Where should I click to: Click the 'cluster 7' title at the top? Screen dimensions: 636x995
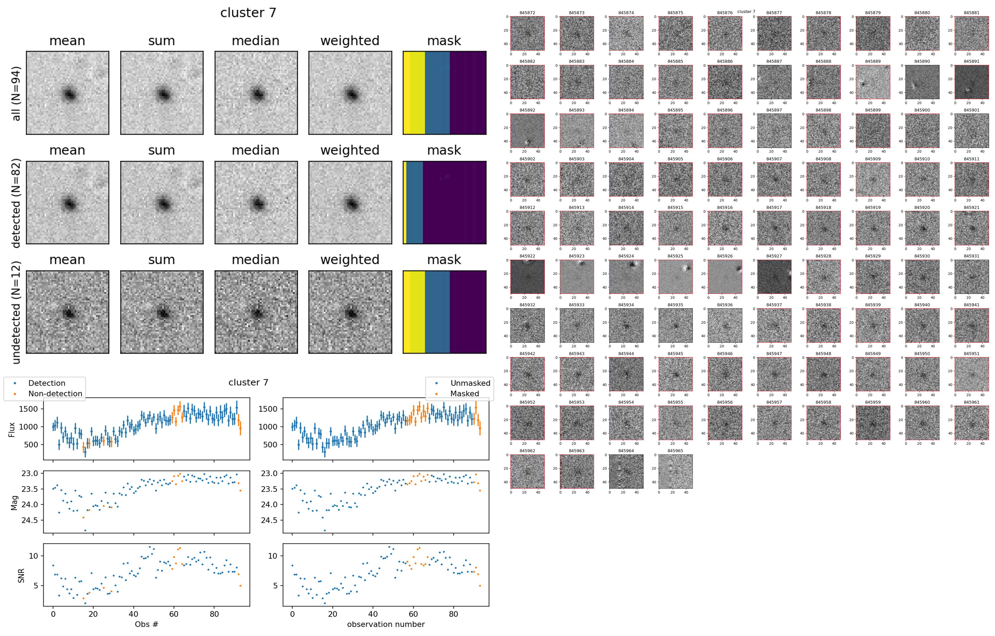248,13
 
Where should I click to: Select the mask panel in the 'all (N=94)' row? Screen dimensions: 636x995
444,93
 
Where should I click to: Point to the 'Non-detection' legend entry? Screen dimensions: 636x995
55,394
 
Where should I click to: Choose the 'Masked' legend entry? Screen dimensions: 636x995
464,394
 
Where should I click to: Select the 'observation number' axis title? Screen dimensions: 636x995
386,624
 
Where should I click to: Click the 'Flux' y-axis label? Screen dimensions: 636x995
12,429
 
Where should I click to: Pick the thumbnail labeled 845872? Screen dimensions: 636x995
527,34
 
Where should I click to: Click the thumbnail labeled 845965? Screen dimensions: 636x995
675,471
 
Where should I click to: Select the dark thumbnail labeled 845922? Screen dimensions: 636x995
527,277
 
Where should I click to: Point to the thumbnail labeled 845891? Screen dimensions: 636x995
971,82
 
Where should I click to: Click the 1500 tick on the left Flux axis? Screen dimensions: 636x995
28,409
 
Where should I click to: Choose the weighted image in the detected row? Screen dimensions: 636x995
350,203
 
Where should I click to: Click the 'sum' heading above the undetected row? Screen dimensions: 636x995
162,260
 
